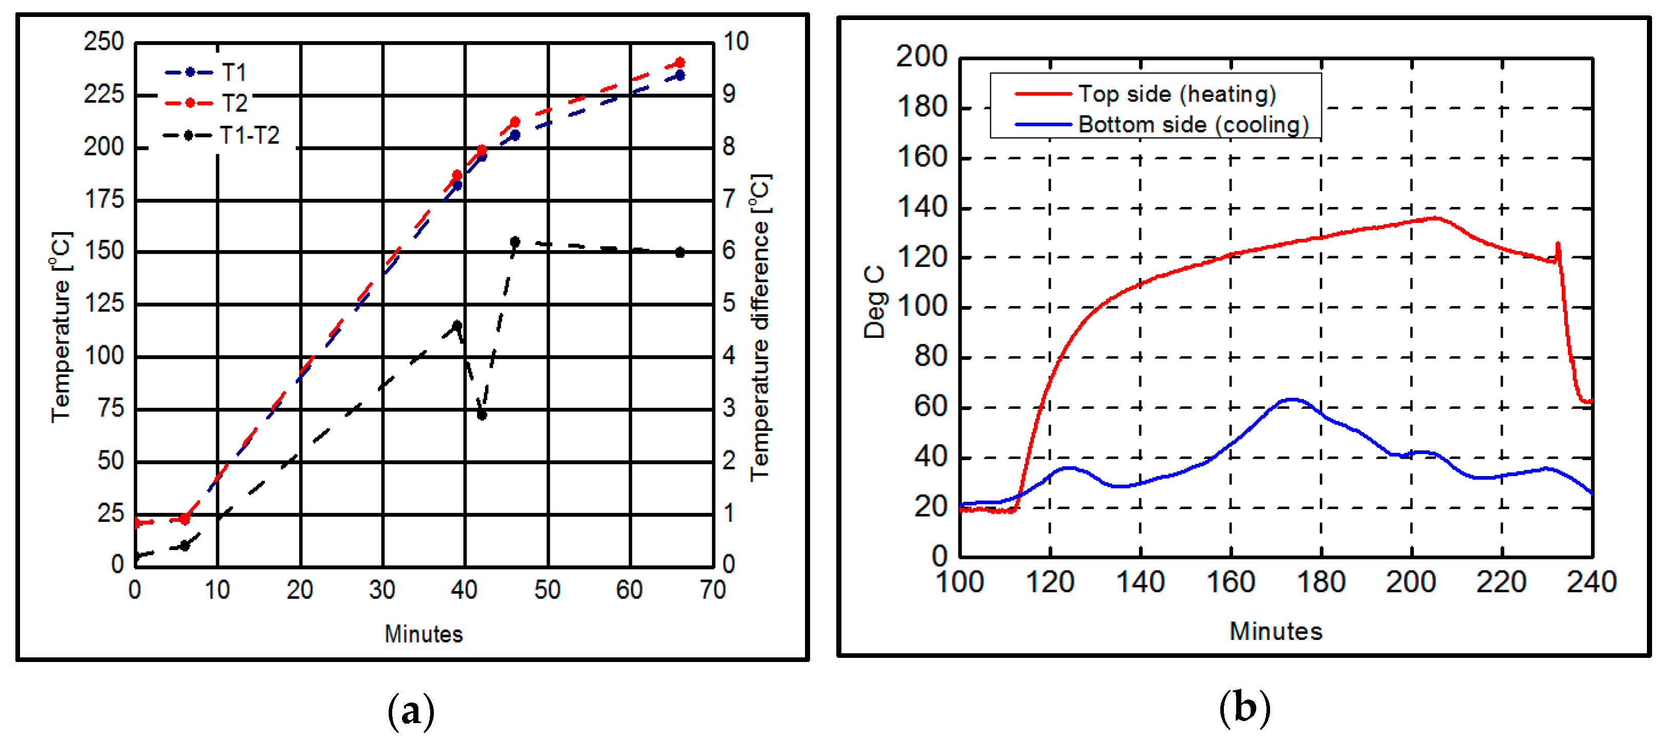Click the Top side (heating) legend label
1177,94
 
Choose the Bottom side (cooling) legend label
1193,124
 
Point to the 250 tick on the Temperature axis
104,42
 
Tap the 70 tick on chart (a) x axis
713,590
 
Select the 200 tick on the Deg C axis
922,57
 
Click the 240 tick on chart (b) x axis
1591,582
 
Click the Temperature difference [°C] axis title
759,327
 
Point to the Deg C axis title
874,302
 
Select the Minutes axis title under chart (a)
424,634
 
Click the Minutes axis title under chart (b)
1276,631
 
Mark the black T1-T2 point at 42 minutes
482,414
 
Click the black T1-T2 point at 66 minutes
680,253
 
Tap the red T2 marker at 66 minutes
680,63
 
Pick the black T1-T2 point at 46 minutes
515,242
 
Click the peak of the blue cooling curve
1291,400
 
